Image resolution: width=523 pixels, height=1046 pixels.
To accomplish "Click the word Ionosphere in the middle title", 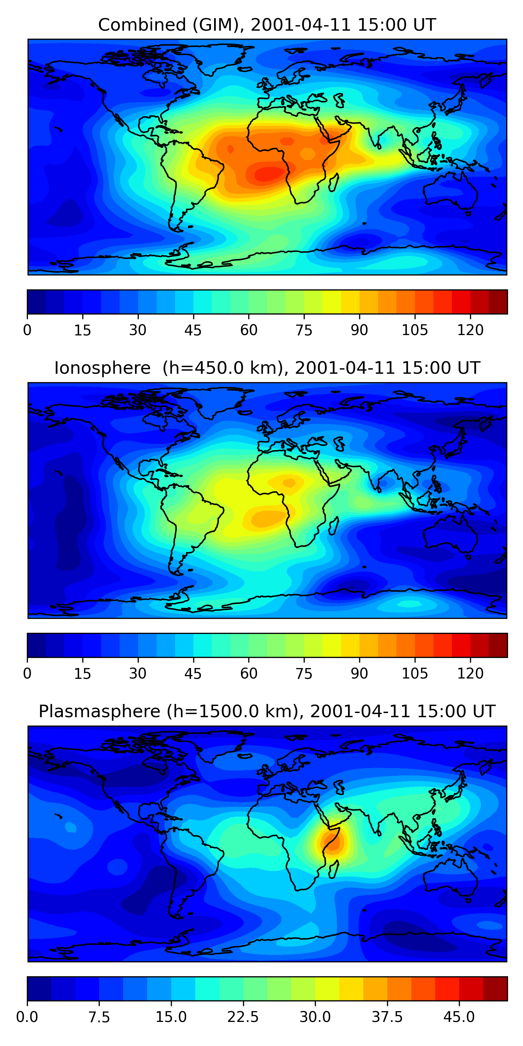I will [x=102, y=368].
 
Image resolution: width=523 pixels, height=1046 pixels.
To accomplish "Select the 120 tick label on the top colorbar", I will [x=470, y=330].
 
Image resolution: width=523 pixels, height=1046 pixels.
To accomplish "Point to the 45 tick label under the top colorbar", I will [x=193, y=330].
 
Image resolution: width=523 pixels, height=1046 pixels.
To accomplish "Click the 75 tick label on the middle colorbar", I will [x=304, y=674].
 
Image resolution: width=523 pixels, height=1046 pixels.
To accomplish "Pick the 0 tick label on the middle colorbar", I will [x=27, y=674].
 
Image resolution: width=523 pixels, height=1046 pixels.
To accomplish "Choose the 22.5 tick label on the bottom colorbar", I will [x=243, y=1017].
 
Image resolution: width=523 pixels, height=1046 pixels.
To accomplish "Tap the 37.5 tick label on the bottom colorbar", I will [x=387, y=1017].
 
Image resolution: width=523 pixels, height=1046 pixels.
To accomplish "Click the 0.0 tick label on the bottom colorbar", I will [x=27, y=1017].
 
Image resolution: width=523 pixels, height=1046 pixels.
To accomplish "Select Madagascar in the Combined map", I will [x=334, y=183].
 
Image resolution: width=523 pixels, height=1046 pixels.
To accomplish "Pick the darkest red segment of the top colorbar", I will [x=498, y=302].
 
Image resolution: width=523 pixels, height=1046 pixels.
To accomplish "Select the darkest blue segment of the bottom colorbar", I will [x=39, y=989].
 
